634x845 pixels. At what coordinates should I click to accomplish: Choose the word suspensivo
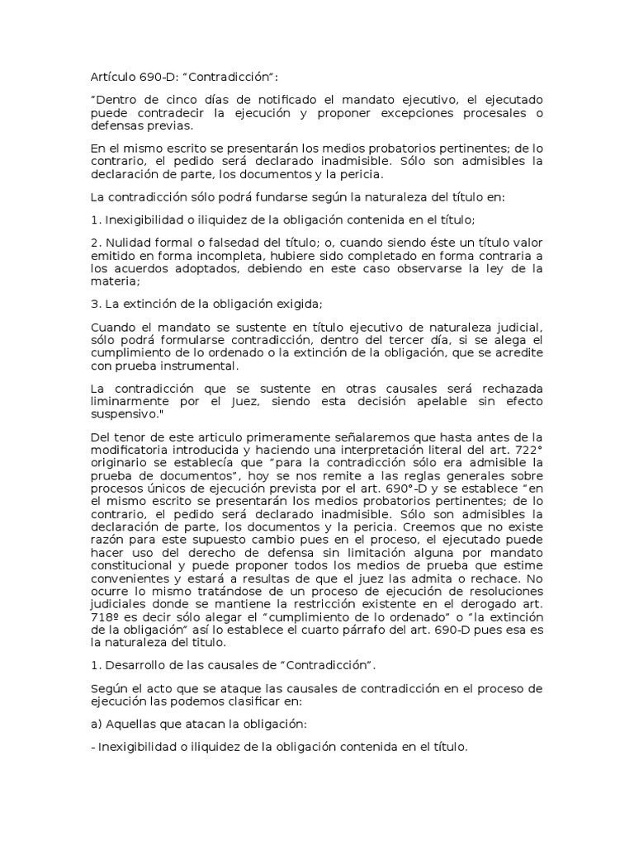click(x=123, y=414)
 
